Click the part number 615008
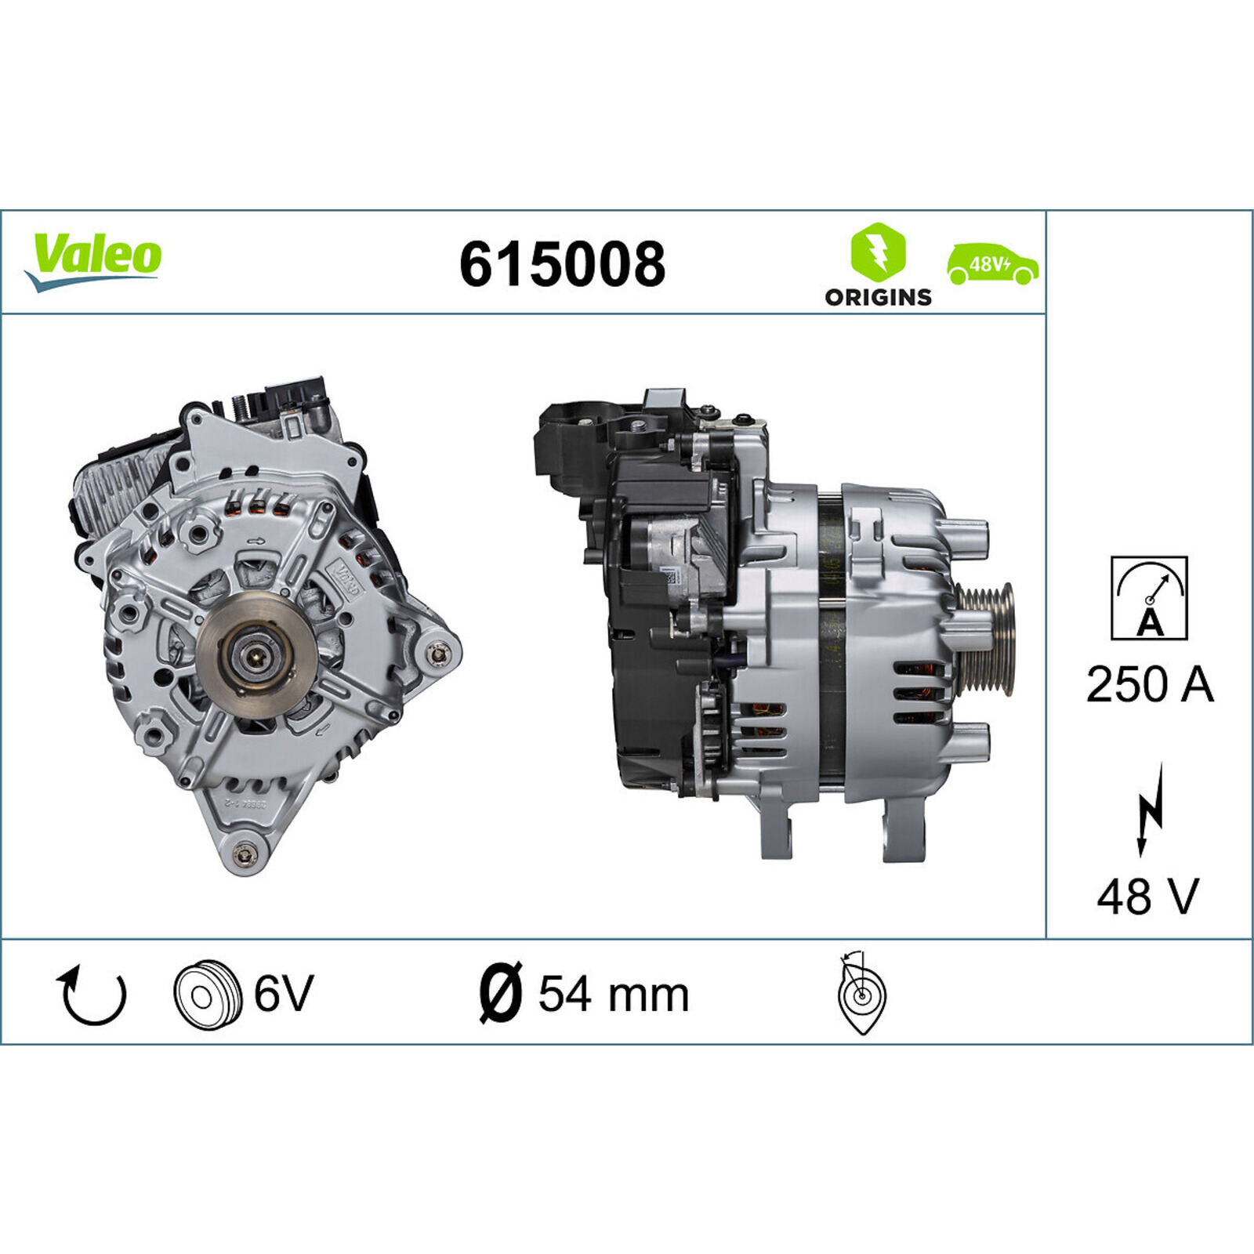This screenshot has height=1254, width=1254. [562, 264]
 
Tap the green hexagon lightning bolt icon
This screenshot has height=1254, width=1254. [878, 252]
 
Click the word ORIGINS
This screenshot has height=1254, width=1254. [878, 297]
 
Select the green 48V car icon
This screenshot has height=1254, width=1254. [993, 264]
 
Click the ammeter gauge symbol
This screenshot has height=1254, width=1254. [1149, 598]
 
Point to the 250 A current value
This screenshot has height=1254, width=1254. [1149, 684]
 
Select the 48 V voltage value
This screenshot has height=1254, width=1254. [1148, 897]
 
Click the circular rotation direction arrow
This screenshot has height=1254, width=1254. [92, 995]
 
